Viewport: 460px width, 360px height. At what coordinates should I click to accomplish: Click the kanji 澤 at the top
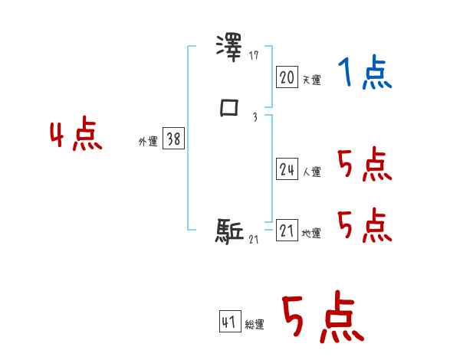point(229,47)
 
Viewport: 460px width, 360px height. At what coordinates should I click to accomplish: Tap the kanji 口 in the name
point(229,108)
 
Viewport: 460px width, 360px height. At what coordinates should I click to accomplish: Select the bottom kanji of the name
point(229,231)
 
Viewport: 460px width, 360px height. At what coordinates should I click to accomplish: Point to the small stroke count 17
point(255,56)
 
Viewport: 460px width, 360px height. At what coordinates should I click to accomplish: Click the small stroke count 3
point(255,117)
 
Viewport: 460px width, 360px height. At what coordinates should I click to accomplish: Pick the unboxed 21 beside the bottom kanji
point(255,240)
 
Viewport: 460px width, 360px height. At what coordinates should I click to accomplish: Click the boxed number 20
point(287,77)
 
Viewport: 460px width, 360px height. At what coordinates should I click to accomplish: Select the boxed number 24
point(287,169)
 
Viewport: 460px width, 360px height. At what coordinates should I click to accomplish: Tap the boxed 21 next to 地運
point(287,231)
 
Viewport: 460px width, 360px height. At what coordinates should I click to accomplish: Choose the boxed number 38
point(173,139)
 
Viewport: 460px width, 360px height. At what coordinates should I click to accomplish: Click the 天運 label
point(311,80)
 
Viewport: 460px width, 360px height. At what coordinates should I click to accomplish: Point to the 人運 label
point(311,172)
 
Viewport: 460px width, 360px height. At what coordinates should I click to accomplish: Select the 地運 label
point(311,234)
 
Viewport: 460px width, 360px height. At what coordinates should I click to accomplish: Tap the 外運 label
point(148,142)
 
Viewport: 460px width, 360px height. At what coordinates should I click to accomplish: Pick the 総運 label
point(255,325)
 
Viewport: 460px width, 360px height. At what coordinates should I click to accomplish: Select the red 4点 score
point(76,136)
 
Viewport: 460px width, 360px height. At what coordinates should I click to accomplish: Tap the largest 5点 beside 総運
point(322,319)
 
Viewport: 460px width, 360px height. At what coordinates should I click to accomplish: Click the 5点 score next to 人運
point(364,165)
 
